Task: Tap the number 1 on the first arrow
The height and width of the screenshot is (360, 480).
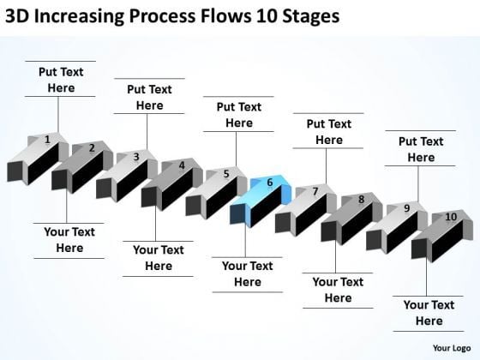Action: pos(48,139)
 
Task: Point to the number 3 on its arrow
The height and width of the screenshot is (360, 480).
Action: pos(136,157)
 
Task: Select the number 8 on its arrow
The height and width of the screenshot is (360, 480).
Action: pos(362,200)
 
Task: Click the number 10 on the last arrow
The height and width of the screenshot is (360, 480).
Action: pos(450,218)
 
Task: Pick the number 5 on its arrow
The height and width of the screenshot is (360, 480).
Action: pos(226,174)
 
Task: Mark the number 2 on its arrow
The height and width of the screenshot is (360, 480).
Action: pos(92,147)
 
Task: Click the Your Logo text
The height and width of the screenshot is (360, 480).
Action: pos(449,347)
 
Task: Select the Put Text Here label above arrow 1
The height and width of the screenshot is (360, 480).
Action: pos(61,80)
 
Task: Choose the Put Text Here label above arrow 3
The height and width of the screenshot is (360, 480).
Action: pos(149,97)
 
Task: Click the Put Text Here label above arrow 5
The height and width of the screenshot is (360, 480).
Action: pos(238,115)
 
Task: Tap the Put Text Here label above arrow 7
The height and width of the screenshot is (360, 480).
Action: pos(328,131)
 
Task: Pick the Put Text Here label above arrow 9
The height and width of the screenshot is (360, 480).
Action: pos(421,149)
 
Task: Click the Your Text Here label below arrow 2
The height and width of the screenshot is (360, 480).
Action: pos(69,240)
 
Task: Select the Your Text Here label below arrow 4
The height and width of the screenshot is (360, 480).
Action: pos(159,258)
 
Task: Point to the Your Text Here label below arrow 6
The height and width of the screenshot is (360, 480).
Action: pos(248,274)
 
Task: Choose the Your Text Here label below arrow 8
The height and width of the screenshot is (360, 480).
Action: pos(338,290)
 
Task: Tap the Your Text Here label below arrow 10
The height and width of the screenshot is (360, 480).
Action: pos(429,313)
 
